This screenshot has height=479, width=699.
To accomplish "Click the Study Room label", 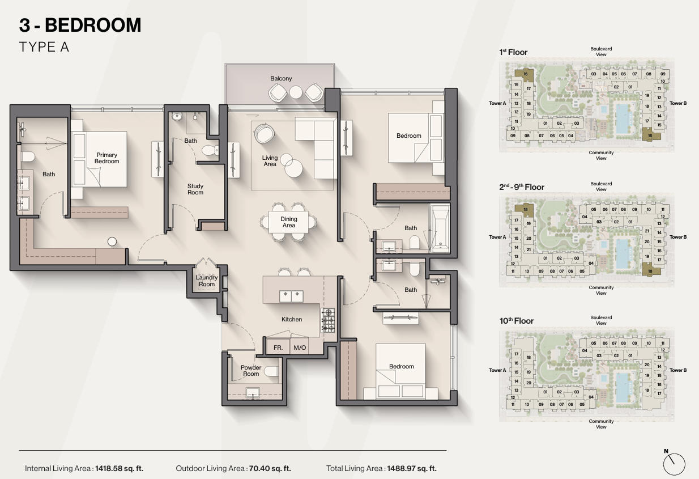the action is pyautogui.click(x=195, y=189).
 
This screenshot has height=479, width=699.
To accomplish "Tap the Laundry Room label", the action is pyautogui.click(x=207, y=281).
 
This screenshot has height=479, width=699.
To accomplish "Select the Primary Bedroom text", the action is pyautogui.click(x=106, y=158).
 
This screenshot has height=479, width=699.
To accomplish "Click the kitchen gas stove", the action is pyautogui.click(x=328, y=320).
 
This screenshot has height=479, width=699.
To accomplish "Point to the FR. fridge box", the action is pyautogui.click(x=278, y=347).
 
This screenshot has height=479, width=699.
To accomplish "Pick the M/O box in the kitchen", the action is pyautogui.click(x=300, y=347).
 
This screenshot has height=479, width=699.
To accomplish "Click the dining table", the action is pyautogui.click(x=289, y=222).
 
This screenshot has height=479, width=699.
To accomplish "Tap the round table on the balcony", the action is pyautogui.click(x=296, y=92).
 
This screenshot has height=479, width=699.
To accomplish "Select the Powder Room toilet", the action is pyautogui.click(x=271, y=371).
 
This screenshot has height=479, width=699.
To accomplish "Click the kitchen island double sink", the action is pyautogui.click(x=291, y=296).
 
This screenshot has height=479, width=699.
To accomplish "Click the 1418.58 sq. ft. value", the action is pyautogui.click(x=119, y=468).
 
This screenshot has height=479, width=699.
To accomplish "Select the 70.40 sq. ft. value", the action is pyautogui.click(x=270, y=468).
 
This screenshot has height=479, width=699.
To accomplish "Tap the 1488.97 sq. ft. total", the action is pyautogui.click(x=412, y=468).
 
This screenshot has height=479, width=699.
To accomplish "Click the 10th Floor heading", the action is pyautogui.click(x=517, y=321).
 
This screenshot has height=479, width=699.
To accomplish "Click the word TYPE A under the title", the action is pyautogui.click(x=44, y=47).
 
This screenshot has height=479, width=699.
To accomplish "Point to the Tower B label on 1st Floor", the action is pyautogui.click(x=678, y=103).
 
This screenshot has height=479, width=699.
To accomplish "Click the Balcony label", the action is pyautogui.click(x=281, y=78).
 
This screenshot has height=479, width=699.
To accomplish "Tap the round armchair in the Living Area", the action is pyautogui.click(x=264, y=134).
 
